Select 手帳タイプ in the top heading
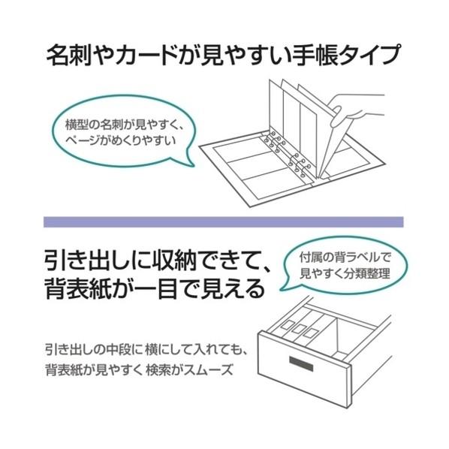coord(343,56)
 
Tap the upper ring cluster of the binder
coord(274,141)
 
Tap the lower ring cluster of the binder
coord(299,165)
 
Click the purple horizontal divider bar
coord(223,222)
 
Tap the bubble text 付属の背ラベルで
coord(345,258)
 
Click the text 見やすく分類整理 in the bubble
coord(345,273)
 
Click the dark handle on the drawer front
coord(301,363)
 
